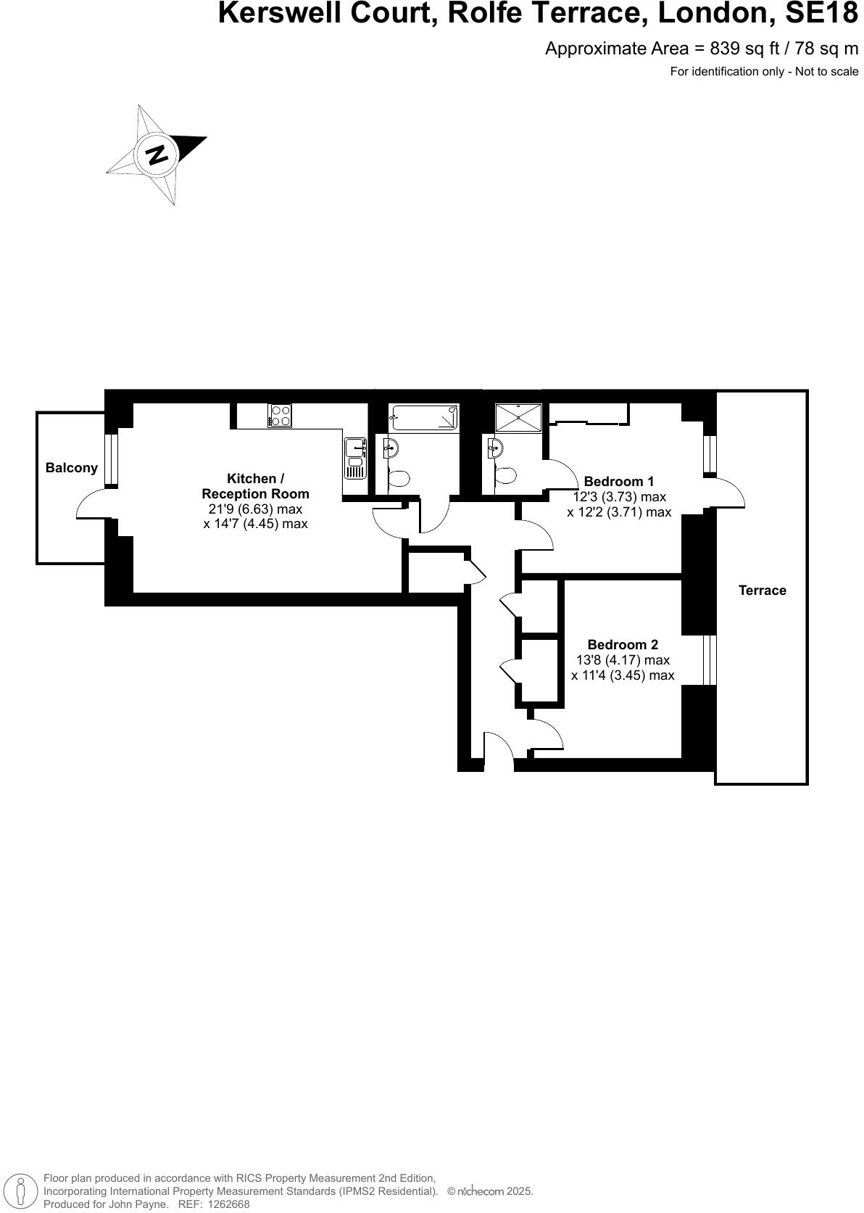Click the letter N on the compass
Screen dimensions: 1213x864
[157, 154]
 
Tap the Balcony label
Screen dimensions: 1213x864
[71, 468]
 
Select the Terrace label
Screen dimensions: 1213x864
[762, 591]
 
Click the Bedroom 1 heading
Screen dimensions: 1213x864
[618, 481]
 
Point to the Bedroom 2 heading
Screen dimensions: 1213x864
[623, 644]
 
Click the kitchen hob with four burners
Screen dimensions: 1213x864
[280, 416]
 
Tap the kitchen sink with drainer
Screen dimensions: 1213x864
[355, 458]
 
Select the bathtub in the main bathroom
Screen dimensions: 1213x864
[424, 419]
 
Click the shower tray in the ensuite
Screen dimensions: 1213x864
[518, 419]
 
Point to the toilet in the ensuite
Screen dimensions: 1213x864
[504, 476]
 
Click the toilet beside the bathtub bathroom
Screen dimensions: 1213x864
[399, 478]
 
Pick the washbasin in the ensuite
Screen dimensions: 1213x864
[495, 448]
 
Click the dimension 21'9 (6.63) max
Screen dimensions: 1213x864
[255, 509]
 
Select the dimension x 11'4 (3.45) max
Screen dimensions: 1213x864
[623, 675]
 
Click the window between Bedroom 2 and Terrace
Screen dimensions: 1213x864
[710, 660]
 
